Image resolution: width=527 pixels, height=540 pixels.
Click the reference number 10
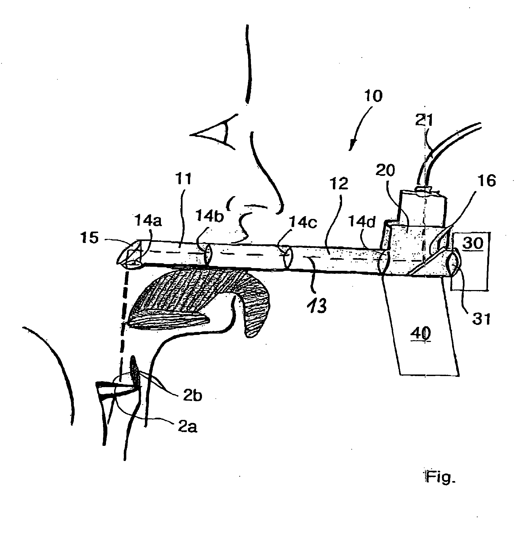coord(373,96)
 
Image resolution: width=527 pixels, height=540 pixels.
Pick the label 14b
coord(209,216)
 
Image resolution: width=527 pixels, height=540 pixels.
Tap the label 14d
coord(362,222)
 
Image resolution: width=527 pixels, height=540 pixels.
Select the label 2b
coord(192,396)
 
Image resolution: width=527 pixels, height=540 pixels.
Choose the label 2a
coord(187,427)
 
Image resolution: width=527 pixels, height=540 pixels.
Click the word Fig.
coord(440,476)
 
